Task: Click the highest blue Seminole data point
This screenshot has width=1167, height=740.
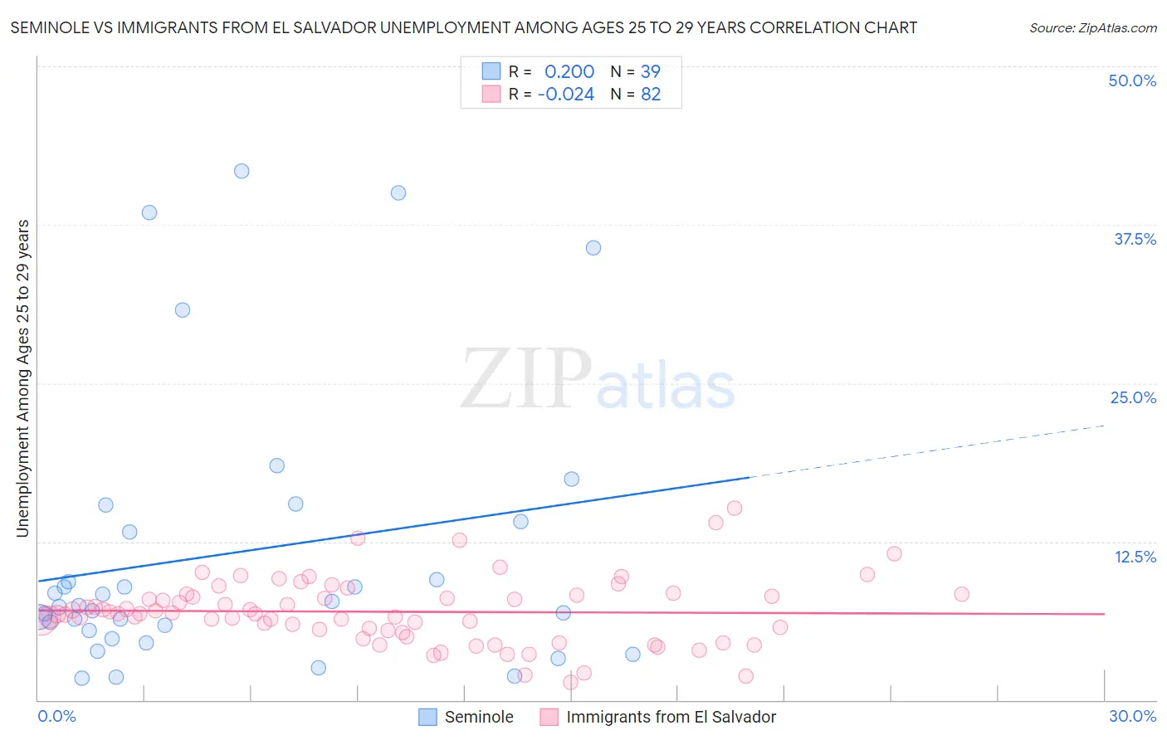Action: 242,171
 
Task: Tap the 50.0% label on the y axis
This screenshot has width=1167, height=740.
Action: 1132,80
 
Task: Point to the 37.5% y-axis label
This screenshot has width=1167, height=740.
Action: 1135,239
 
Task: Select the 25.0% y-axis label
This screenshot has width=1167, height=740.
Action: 1133,397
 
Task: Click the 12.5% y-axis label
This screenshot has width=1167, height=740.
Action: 1135,557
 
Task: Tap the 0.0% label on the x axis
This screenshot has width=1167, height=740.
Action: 56,716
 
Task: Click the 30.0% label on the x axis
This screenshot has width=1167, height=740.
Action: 1132,716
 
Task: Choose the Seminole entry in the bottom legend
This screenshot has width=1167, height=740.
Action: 479,717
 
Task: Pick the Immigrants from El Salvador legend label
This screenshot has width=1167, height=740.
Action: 671,717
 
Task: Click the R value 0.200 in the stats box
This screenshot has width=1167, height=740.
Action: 569,72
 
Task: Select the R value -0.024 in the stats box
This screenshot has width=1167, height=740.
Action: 566,95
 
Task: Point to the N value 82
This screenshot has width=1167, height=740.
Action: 651,95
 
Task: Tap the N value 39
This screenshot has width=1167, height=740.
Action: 651,72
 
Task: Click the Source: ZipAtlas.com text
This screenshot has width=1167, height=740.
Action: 1092,28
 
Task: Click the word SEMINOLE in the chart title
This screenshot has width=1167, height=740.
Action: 49,27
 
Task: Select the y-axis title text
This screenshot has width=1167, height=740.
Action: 23,378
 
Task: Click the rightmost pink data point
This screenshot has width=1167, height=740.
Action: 961,594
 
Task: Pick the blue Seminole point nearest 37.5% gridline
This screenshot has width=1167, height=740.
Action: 593,248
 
